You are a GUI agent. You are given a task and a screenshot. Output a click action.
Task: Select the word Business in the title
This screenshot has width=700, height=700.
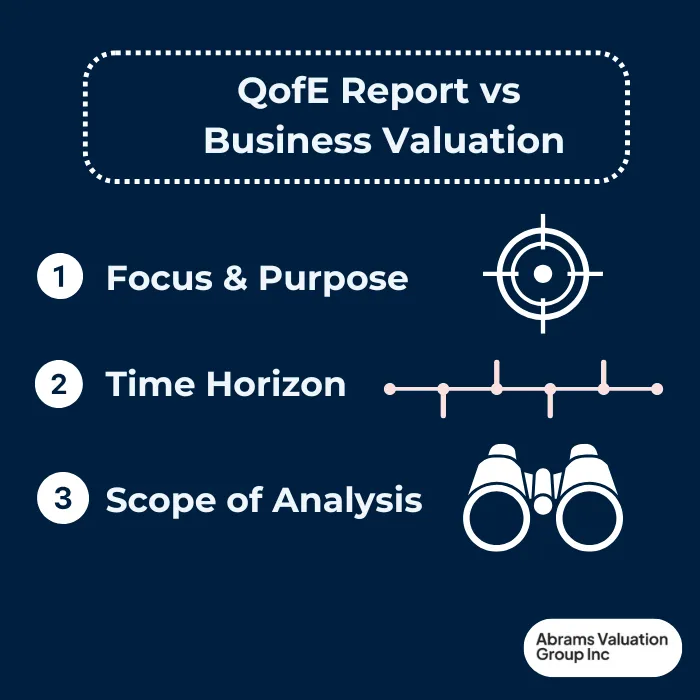tap(286, 140)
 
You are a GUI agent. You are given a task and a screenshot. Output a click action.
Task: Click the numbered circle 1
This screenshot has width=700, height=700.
tap(60, 276)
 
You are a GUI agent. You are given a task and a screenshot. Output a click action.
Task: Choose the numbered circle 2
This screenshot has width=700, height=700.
tap(59, 384)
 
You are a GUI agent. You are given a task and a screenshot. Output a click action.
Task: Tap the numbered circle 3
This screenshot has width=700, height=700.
tap(61, 499)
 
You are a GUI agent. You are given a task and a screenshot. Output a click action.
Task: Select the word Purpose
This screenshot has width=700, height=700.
tap(333, 278)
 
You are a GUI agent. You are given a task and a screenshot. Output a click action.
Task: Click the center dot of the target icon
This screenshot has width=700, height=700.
tap(542, 273)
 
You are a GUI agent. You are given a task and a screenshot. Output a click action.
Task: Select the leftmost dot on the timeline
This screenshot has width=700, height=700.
tap(390, 388)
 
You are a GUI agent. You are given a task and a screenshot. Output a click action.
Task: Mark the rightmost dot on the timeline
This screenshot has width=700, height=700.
tap(657, 388)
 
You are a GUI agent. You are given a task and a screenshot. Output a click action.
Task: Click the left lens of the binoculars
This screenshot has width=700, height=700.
tap(494, 519)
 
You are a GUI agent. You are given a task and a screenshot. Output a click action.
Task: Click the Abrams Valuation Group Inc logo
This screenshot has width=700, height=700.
tap(602, 647)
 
